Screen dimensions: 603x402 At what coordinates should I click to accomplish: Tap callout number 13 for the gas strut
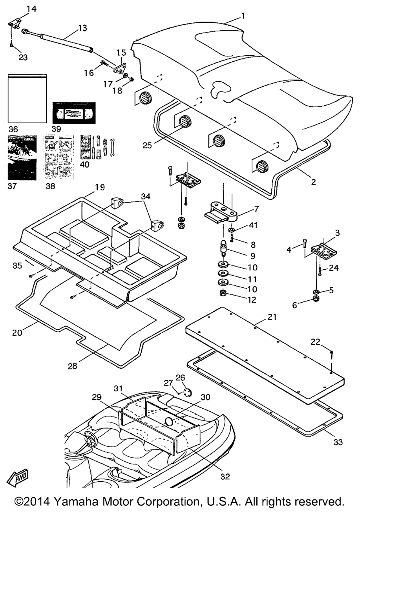82,28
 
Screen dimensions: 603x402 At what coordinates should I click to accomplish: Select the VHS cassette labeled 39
74,113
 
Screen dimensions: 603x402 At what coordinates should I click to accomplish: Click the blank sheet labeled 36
27,99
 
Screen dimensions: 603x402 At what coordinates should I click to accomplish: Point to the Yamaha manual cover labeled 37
22,157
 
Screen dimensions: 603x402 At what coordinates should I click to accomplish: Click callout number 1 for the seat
243,16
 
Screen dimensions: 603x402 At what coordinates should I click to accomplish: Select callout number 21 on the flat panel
272,317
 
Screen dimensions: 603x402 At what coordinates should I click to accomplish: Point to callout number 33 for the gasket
338,442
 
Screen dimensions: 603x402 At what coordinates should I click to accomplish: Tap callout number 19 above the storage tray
100,187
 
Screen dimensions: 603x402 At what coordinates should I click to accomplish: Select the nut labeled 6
315,300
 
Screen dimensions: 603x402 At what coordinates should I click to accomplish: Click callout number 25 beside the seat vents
147,145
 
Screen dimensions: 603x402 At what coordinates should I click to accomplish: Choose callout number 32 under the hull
225,476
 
